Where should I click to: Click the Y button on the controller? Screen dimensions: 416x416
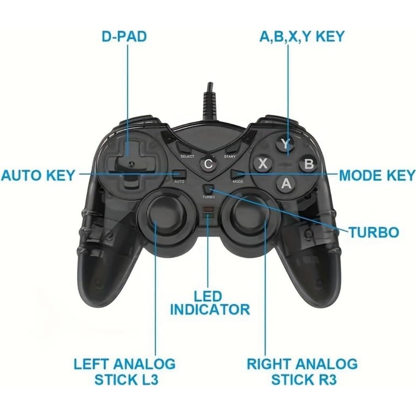point(285,144)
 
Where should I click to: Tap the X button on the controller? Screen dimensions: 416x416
point(262,164)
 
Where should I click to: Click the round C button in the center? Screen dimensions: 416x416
point(208,164)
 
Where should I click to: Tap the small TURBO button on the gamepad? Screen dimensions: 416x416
point(209,189)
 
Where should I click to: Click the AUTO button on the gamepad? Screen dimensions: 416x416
point(179,174)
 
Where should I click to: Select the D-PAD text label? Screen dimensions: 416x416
point(124,36)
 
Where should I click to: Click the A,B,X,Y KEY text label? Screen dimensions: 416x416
point(302,36)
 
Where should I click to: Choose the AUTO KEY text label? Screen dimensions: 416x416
point(38,175)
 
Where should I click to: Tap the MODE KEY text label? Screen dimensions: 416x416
point(377,175)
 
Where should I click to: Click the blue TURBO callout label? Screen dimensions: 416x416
point(373,232)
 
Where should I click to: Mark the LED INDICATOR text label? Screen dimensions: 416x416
point(210,303)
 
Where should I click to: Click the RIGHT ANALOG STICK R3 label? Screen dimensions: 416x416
point(302,371)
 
